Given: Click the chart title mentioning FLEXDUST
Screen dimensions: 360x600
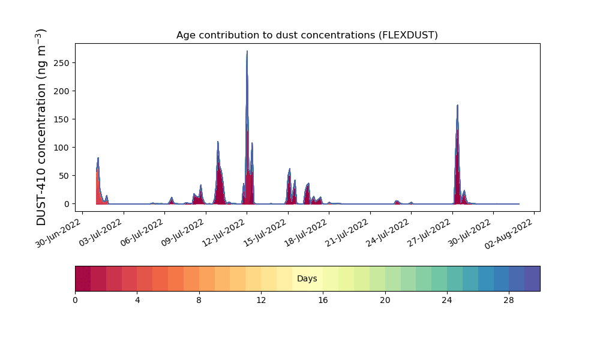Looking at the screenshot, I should click(307, 35).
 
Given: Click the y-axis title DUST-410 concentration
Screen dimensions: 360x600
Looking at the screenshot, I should click(41, 127).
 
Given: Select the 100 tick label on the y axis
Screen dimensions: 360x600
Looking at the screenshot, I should click(62, 148).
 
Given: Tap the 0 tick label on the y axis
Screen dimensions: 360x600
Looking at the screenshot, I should click(66, 204).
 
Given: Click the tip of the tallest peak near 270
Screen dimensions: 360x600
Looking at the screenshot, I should click(247, 52).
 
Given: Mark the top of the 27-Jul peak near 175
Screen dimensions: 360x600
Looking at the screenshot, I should click(457, 106).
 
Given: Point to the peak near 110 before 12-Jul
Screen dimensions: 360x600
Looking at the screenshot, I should click(218, 142).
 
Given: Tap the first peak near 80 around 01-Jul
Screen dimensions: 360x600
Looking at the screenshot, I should click(98, 158).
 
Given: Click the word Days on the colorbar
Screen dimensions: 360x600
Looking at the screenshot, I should click(307, 279).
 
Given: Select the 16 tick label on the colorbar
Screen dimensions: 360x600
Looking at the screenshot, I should click(323, 300).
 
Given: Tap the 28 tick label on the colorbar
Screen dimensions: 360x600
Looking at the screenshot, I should click(509, 300).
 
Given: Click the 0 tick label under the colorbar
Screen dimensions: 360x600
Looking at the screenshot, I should click(75, 300).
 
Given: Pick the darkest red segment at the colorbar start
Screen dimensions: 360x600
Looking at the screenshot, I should click(83, 278).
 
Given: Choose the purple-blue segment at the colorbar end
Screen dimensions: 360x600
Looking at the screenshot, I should click(532, 278).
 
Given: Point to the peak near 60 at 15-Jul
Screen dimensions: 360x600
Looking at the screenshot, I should click(289, 169).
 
